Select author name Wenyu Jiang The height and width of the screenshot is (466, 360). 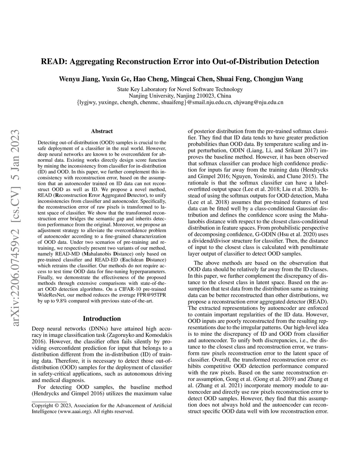[74, 79]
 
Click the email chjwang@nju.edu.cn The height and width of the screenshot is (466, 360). [260, 102]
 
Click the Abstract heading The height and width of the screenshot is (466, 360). [102, 131]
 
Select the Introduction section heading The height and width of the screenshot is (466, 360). [102, 319]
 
